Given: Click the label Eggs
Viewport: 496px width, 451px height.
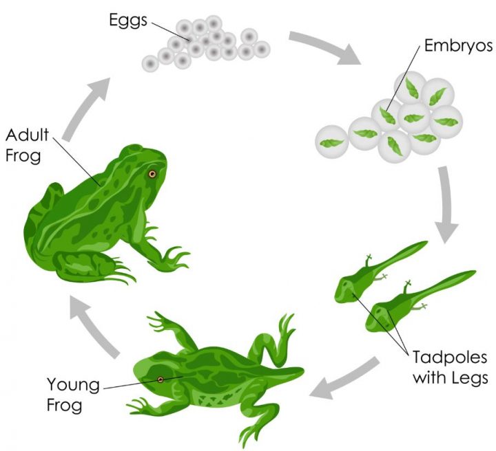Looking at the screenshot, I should coord(129,19).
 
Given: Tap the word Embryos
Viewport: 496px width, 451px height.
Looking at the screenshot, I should coord(458,46).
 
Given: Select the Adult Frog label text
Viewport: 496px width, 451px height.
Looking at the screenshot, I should coord(23,144).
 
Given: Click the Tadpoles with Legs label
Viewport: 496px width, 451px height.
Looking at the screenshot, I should coord(451,367).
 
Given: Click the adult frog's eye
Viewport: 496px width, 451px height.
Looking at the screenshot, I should coord(152,175).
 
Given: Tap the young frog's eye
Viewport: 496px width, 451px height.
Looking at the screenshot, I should coord(161,379).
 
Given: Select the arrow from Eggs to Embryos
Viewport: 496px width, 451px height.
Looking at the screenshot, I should coord(324,47).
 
